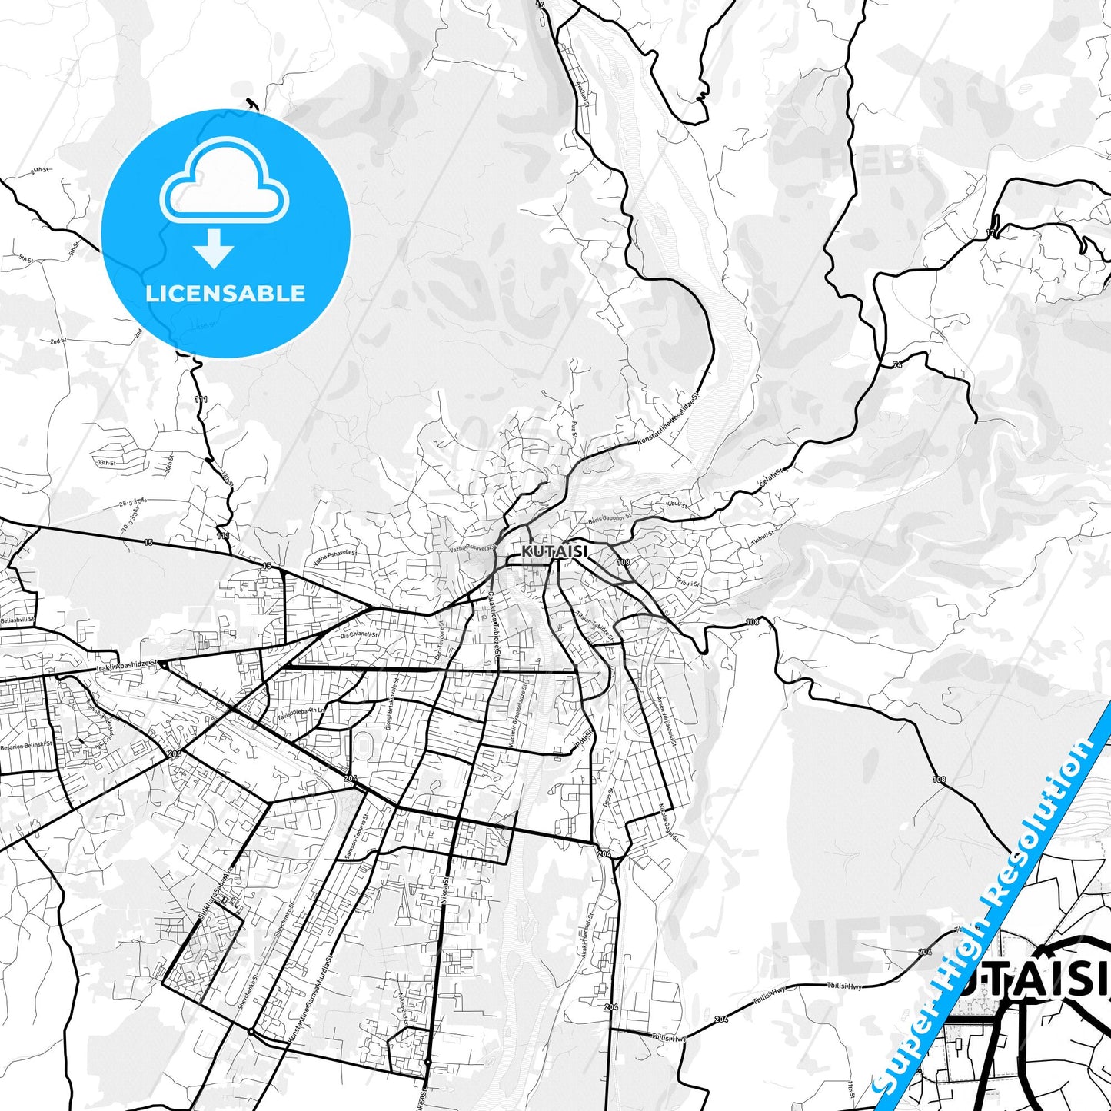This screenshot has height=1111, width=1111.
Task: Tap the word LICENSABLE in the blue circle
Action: (225, 294)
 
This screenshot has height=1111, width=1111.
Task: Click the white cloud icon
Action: (225, 183)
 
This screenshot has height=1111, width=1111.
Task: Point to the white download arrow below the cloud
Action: (214, 248)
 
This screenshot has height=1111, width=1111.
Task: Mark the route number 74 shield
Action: (897, 364)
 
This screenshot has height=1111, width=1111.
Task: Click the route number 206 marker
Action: (611, 1006)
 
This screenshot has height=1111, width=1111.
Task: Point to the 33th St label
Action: (105, 463)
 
